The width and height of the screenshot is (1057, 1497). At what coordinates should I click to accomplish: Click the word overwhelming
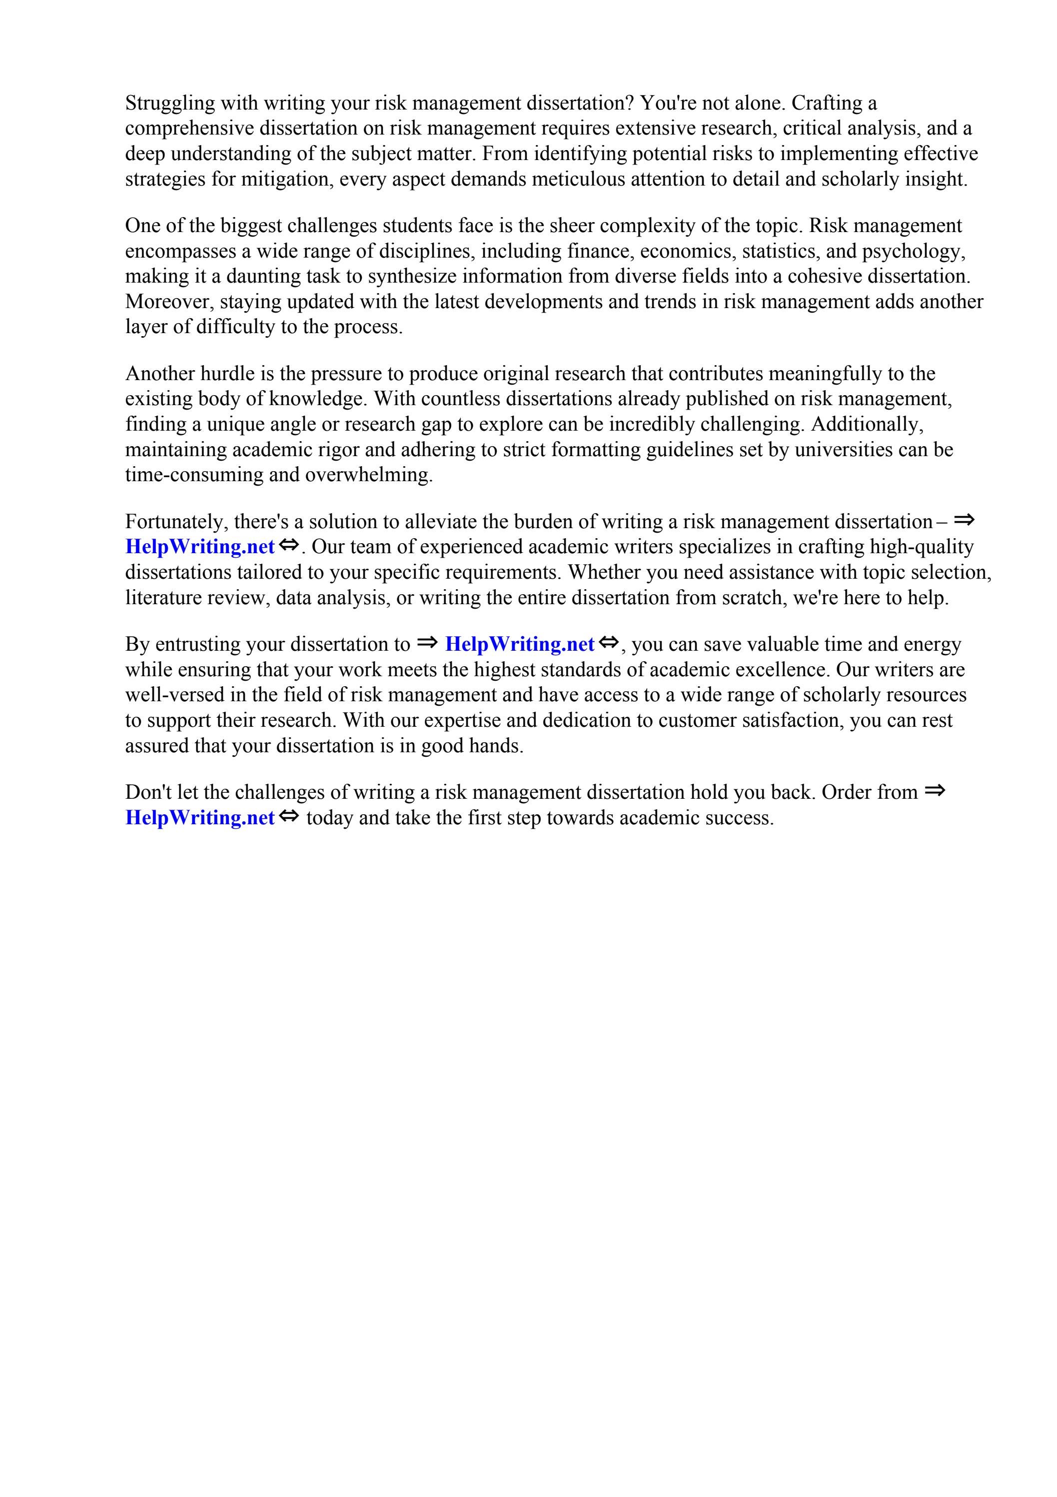click(369, 475)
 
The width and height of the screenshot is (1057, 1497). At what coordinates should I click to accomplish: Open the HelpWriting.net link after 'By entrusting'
click(519, 644)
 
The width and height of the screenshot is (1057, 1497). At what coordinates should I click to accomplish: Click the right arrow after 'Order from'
click(935, 791)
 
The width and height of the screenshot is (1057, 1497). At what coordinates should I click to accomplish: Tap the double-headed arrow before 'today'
click(289, 816)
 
